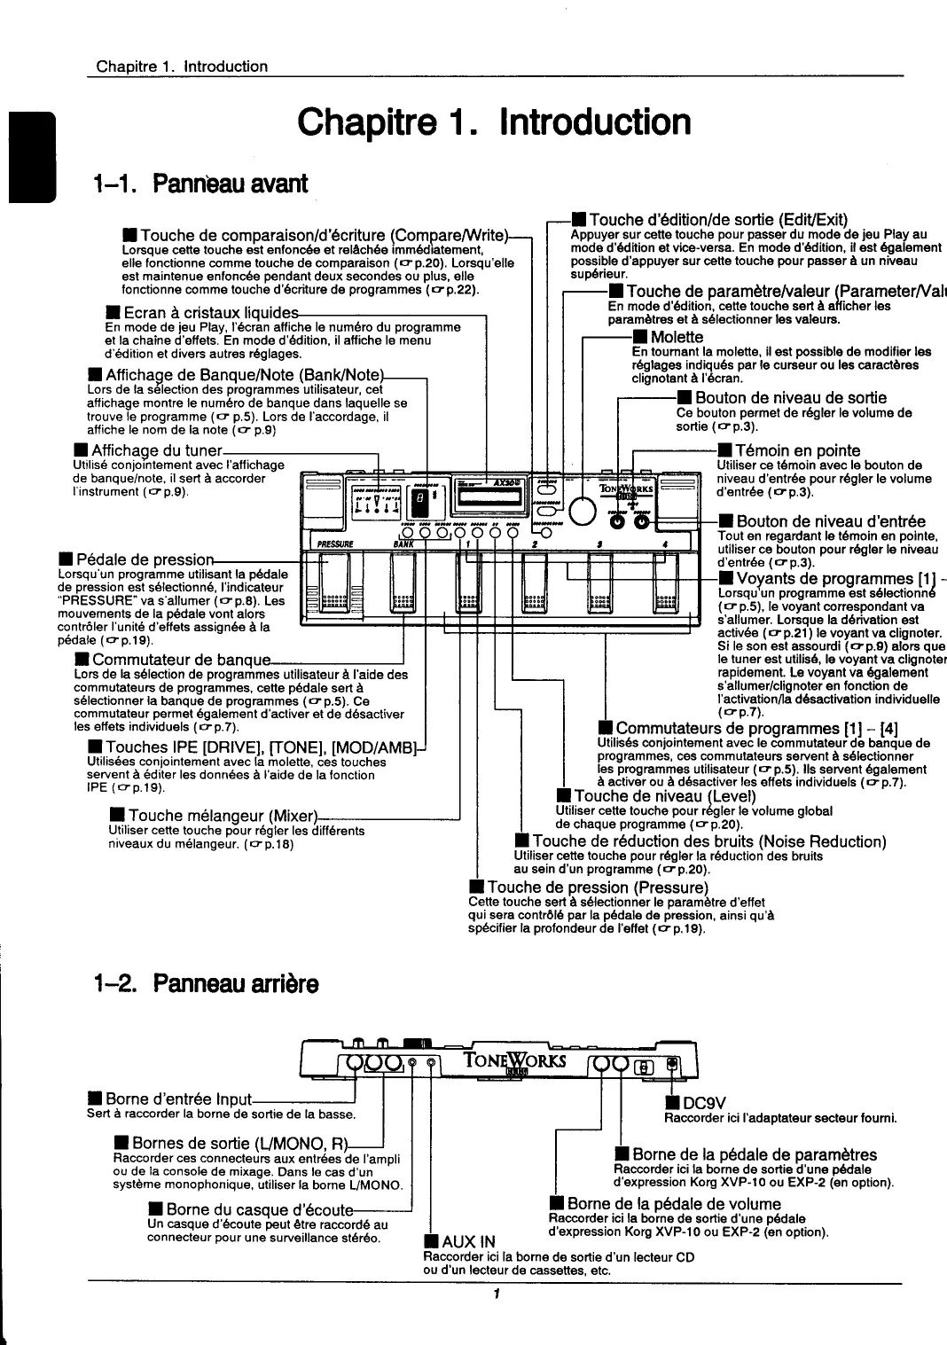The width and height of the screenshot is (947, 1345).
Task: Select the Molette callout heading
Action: click(x=677, y=338)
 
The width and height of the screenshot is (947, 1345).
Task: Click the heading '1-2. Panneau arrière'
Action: click(x=204, y=984)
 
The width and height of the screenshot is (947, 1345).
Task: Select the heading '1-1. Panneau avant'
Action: click(x=200, y=184)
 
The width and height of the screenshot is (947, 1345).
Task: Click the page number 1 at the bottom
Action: click(x=497, y=1294)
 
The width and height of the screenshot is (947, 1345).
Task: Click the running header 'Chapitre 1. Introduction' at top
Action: click(x=182, y=66)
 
